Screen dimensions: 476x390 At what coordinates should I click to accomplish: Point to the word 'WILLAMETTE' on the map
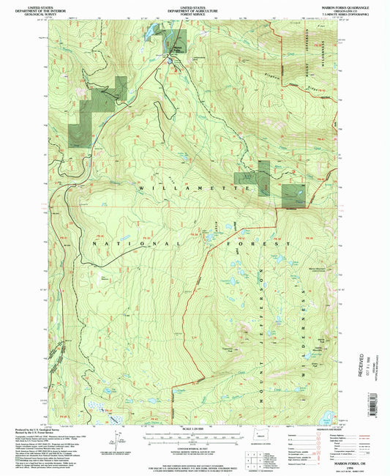coord(195,188)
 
